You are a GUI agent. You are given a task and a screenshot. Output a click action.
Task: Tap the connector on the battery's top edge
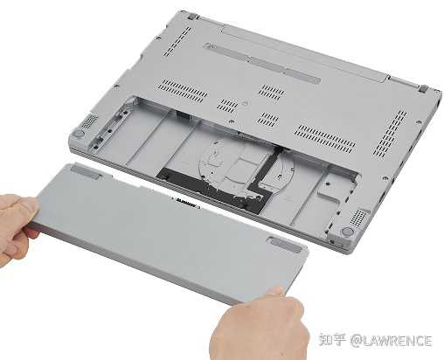[185, 203]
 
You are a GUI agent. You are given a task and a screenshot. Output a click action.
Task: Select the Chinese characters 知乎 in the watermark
[332, 340]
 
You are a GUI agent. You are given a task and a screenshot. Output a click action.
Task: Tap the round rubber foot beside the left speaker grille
[78, 134]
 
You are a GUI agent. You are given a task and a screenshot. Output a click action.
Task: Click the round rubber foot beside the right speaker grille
[347, 232]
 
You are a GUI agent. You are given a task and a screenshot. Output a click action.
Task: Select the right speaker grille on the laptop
[357, 218]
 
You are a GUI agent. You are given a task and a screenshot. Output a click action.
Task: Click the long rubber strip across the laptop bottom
[262, 63]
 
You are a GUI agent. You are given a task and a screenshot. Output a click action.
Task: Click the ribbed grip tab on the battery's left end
[86, 171]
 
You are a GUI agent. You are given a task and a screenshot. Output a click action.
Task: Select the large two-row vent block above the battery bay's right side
[325, 139]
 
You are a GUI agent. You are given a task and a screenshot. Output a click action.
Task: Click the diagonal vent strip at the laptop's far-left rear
[177, 41]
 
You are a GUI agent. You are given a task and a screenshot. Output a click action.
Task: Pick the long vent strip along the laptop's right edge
[390, 134]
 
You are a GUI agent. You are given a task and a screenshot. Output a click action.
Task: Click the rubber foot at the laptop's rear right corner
[423, 88]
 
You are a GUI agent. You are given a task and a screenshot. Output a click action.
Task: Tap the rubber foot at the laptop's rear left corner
[191, 17]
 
